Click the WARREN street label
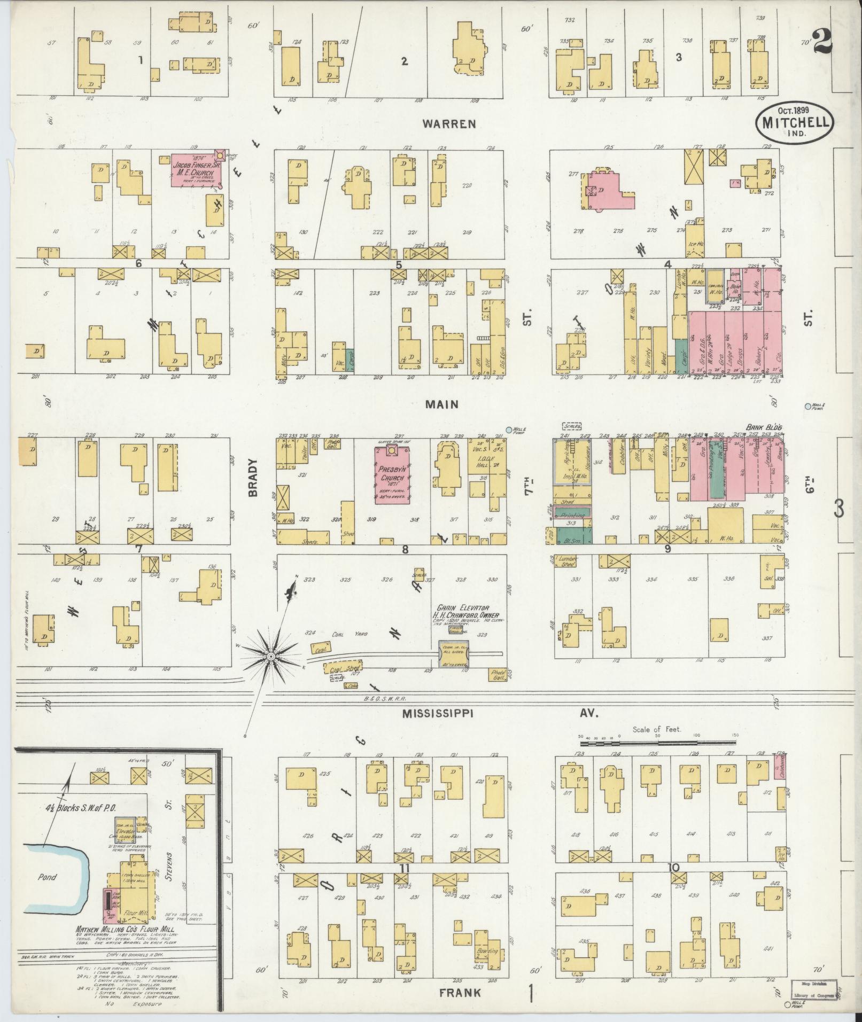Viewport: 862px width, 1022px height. [448, 124]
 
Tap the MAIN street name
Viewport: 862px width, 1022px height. [441, 404]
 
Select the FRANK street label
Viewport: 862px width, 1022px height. [460, 993]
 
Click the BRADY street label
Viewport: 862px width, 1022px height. [253, 478]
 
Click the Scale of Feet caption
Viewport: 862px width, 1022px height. [657, 729]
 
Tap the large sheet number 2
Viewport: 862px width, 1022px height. [822, 41]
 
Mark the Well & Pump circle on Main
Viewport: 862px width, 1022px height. [509, 430]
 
